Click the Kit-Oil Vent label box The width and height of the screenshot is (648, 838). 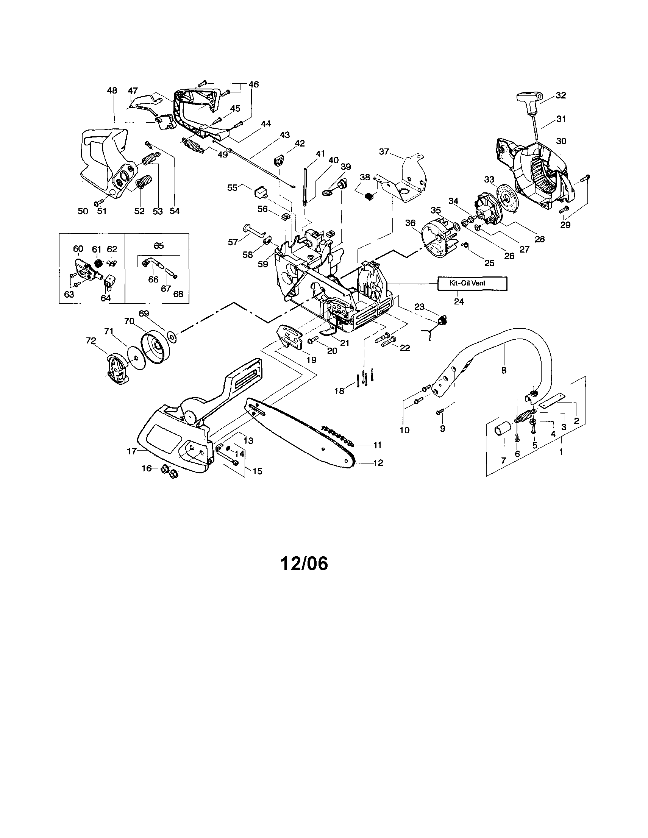click(x=472, y=284)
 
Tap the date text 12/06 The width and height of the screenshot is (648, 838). click(x=304, y=564)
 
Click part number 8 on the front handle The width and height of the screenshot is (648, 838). click(x=504, y=370)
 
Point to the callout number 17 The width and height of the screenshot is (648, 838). click(x=131, y=452)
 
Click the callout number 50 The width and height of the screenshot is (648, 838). click(x=83, y=211)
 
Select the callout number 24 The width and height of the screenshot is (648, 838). click(x=459, y=301)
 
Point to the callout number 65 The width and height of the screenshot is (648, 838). click(x=159, y=245)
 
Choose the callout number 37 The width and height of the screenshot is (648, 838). click(x=384, y=152)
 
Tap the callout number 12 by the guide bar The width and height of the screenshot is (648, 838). click(x=378, y=463)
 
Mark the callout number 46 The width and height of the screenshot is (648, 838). click(x=254, y=84)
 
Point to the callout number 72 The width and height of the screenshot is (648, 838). click(x=91, y=341)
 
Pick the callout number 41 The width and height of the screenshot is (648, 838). click(x=320, y=154)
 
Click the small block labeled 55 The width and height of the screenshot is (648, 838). click(x=259, y=192)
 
